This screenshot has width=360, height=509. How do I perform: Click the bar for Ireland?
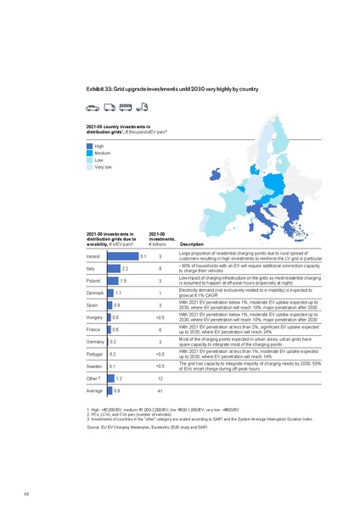point(122,255)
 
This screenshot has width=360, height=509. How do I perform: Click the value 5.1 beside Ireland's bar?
point(143,255)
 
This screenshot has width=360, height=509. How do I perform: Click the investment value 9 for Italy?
point(160,268)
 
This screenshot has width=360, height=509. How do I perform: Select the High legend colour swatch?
point(89,146)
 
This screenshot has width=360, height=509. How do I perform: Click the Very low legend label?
point(103,166)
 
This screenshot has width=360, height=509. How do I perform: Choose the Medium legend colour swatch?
point(89,153)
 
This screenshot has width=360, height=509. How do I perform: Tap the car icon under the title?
point(93,108)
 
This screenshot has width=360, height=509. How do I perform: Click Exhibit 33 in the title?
point(101,88)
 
